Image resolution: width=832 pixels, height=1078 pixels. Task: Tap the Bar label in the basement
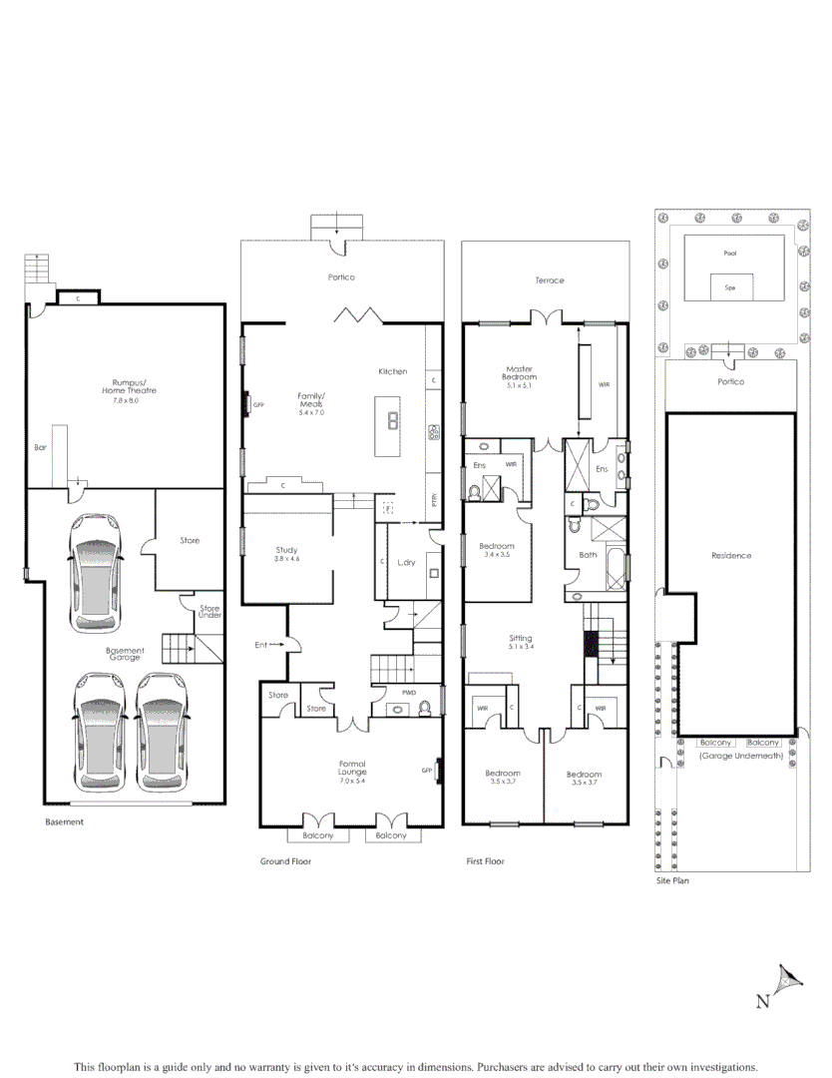[x=40, y=448]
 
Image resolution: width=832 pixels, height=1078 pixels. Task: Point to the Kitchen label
[x=392, y=371]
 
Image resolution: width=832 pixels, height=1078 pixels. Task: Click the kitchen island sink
[x=393, y=419]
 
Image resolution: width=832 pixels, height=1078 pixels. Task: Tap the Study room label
[x=286, y=554]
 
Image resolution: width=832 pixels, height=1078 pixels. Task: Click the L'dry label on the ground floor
[x=406, y=563]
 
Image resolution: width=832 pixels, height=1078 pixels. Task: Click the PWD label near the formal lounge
[x=408, y=692]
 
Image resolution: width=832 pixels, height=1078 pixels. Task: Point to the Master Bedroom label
[x=520, y=372]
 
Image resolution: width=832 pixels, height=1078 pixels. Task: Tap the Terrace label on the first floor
[x=549, y=280]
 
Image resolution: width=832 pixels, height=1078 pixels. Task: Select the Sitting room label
[x=520, y=642]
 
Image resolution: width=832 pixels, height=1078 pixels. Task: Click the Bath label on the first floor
[x=589, y=555]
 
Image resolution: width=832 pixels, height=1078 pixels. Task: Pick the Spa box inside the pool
[x=730, y=287]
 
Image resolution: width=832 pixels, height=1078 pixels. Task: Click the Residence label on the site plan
[x=731, y=556]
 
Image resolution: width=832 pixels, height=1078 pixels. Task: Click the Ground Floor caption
[x=285, y=861]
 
